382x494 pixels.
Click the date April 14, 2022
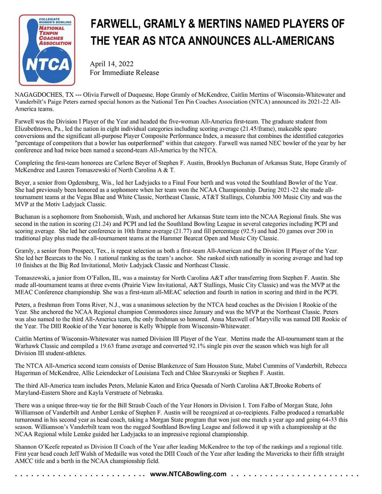point(111,64)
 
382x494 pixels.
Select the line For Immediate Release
point(124,73)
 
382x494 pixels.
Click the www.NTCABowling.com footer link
point(188,474)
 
